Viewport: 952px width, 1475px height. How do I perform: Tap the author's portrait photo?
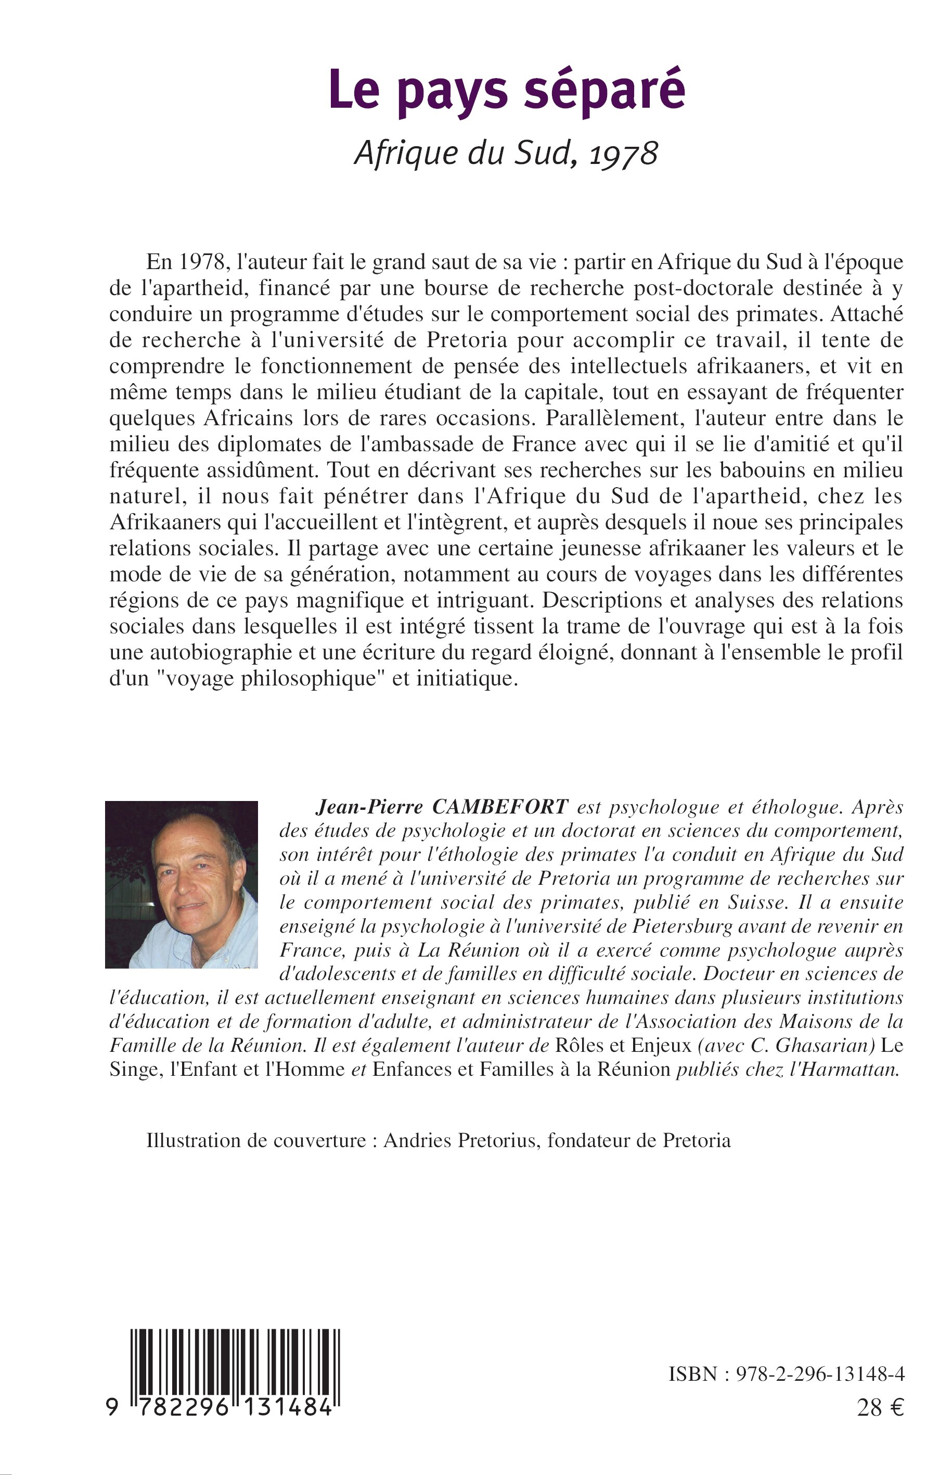181,884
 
